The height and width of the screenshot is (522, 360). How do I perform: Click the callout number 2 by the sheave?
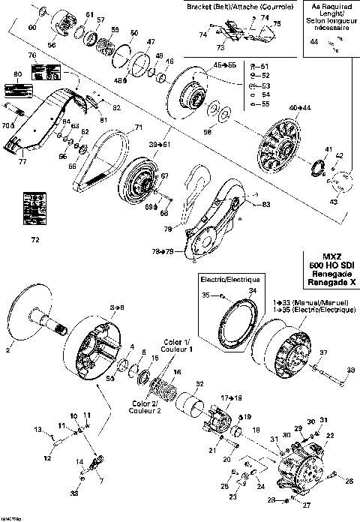(10, 349)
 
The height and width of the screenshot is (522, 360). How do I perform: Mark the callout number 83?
(266, 203)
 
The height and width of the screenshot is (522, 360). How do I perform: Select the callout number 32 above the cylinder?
(199, 384)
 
